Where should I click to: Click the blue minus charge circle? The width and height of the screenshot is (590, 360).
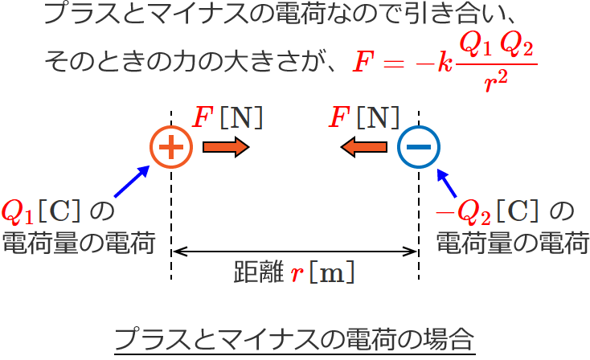click(419, 147)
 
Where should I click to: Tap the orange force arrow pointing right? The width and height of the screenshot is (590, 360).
click(226, 148)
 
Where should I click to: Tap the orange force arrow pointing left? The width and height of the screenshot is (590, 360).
click(364, 148)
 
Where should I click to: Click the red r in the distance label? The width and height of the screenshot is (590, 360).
click(297, 273)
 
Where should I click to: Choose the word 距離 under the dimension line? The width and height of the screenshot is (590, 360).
click(256, 273)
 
